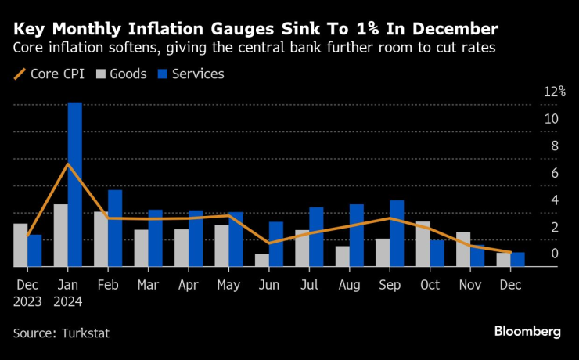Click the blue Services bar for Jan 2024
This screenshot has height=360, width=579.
[x=74, y=185]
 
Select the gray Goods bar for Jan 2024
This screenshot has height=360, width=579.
[x=60, y=236]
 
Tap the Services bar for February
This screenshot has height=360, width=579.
[x=115, y=229]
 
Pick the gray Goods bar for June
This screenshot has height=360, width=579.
[x=261, y=261]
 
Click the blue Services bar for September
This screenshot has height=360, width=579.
[x=397, y=233]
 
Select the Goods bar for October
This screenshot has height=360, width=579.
[x=423, y=244]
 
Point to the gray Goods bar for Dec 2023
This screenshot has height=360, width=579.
[x=20, y=245]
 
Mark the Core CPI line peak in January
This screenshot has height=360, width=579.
[x=68, y=164]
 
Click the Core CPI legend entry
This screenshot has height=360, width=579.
[x=50, y=74]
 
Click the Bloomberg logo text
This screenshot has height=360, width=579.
[x=527, y=331]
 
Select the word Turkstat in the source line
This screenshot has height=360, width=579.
[x=83, y=333]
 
